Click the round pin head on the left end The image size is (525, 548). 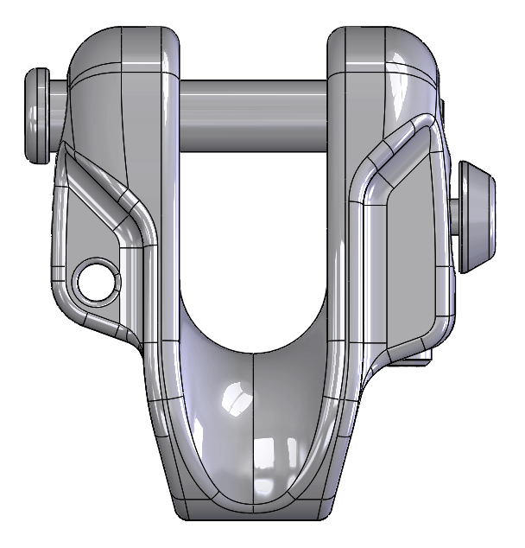[37, 115]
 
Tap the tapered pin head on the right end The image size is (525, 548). [477, 213]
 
